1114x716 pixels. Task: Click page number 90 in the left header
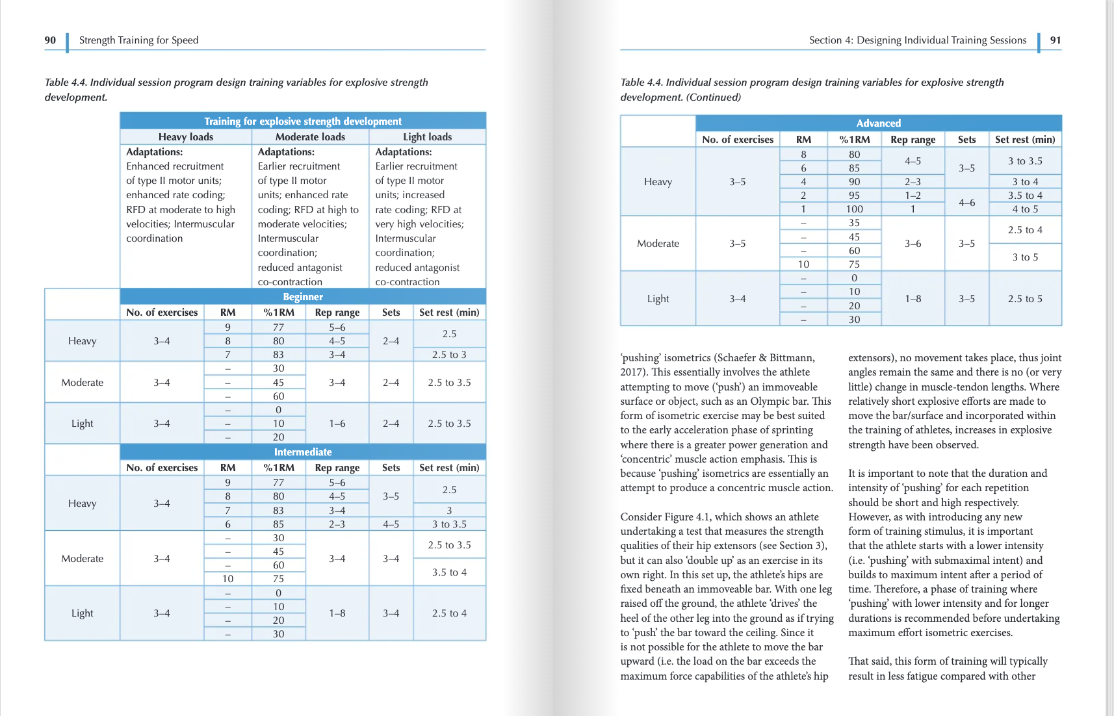coord(50,40)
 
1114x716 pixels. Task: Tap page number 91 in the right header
coord(1056,40)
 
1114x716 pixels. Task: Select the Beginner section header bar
coord(303,297)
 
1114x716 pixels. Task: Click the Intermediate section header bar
coord(303,452)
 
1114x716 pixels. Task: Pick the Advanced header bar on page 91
coord(878,123)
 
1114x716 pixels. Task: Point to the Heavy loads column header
coord(186,137)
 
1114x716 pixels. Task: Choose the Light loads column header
coord(427,137)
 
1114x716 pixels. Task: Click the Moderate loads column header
coord(310,137)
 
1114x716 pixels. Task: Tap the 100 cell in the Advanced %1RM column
coord(854,209)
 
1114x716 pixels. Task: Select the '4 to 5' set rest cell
coord(1025,209)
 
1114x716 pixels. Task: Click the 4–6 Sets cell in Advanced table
coord(966,203)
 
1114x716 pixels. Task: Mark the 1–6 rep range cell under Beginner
coord(337,424)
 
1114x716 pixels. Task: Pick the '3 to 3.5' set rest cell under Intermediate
coord(449,524)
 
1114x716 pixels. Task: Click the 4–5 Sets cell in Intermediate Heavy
coord(391,524)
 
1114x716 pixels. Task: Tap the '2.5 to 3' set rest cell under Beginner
coord(449,355)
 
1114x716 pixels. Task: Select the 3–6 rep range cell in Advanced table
coord(913,244)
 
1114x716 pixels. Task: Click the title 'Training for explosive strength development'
coord(303,121)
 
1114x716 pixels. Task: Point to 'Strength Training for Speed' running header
coord(138,40)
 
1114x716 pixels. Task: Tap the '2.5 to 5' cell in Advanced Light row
coord(1025,299)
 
